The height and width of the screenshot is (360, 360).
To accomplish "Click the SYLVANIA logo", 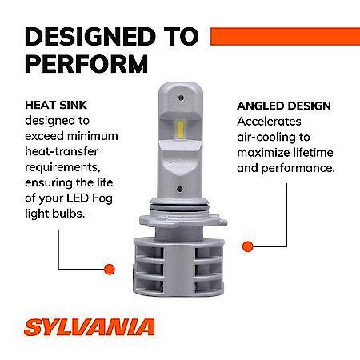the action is [90, 327].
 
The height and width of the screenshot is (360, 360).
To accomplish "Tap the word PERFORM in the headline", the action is [86, 64].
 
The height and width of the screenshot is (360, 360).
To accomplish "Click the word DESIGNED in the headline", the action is [90, 36].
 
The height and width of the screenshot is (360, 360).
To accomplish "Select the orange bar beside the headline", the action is [285, 36].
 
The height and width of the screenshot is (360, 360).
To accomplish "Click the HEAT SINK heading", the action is [56, 105].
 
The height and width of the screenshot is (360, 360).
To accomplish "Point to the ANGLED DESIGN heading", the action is [284, 106].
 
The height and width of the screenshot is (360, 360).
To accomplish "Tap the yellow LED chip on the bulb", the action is [181, 130].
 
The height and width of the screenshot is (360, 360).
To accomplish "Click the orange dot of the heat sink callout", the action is [110, 270].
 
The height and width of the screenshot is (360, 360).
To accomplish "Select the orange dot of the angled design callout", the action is [248, 246].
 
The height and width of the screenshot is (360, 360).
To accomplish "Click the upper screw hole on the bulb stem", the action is [181, 98].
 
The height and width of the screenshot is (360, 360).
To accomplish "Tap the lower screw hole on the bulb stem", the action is [180, 190].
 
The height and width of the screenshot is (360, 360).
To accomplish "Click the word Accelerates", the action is [269, 122].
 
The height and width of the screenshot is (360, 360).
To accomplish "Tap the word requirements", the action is [63, 168].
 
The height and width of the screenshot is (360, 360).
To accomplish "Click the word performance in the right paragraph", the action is [298, 169].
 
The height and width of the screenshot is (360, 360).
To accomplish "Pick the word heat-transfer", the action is [62, 151].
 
